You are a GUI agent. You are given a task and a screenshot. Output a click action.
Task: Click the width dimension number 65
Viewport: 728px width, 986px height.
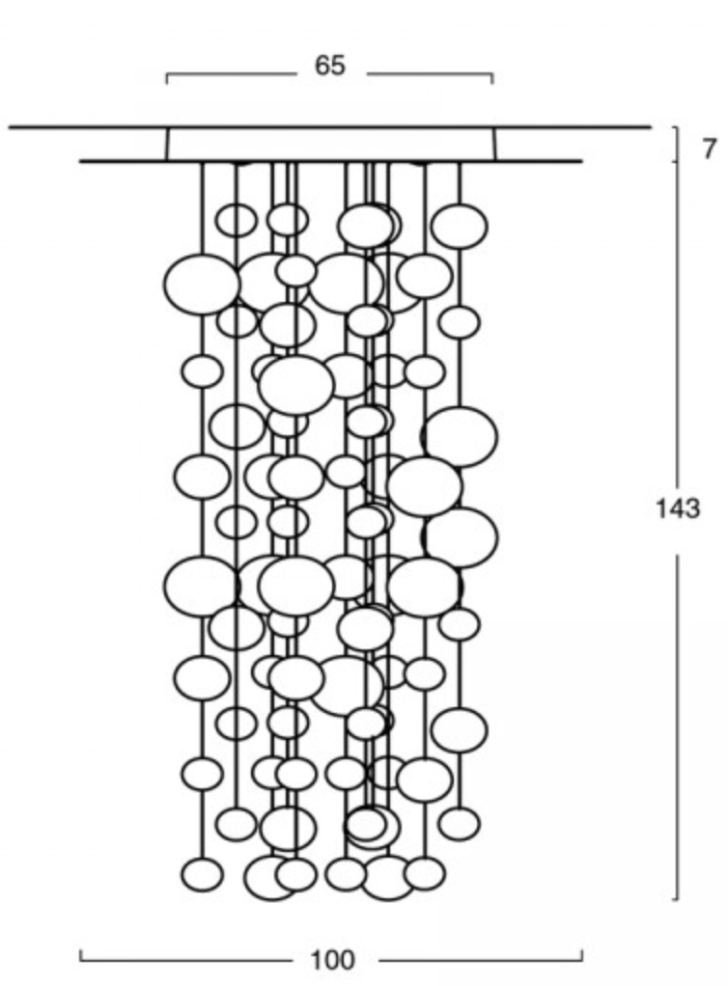[329, 67]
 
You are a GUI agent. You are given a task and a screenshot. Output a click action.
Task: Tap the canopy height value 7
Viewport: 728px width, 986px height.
[710, 150]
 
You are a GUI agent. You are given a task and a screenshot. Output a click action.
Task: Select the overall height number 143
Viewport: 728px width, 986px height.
[678, 508]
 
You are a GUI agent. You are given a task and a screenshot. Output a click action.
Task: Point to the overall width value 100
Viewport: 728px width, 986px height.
[332, 960]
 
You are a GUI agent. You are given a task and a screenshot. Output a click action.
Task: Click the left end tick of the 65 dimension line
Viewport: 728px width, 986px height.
[167, 78]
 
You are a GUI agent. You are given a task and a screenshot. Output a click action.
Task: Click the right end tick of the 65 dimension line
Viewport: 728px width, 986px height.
[492, 78]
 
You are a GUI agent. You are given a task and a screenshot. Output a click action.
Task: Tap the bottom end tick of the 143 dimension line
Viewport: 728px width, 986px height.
[675, 898]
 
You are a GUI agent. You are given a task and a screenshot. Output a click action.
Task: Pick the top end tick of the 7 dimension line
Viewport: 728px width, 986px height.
[675, 128]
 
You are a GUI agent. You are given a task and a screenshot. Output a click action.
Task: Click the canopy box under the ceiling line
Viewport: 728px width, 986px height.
[330, 144]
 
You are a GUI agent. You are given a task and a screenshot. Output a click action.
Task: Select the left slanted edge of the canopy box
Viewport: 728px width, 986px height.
[167, 144]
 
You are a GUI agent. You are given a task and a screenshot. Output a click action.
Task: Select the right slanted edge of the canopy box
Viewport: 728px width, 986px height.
[494, 144]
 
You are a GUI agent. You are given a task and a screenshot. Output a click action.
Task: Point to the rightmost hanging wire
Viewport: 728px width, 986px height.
[460, 183]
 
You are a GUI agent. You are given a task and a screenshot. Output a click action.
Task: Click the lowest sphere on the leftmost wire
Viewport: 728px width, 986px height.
[202, 874]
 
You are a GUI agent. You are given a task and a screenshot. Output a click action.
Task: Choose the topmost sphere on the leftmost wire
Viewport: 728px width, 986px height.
[201, 285]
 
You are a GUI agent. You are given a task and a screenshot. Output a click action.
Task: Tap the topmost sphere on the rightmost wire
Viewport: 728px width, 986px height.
[459, 226]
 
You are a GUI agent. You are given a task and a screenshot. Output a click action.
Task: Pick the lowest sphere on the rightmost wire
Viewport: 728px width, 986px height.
[460, 823]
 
